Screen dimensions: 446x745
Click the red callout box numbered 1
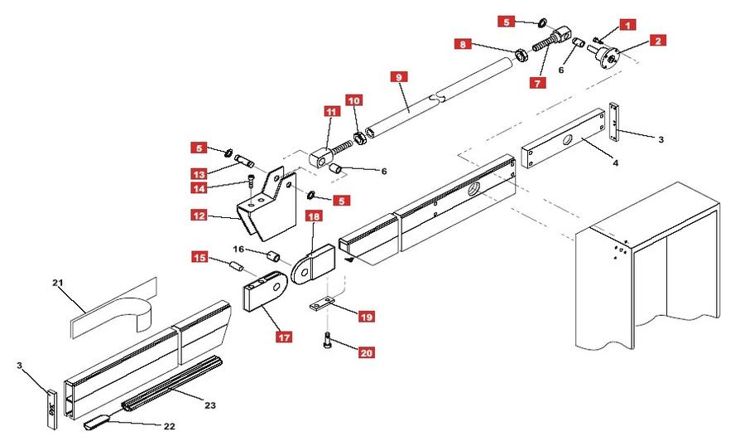click(628, 26)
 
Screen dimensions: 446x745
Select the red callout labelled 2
click(658, 40)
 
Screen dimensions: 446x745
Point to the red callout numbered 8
click(464, 44)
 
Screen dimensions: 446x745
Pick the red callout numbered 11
click(331, 112)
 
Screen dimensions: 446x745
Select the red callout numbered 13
click(199, 174)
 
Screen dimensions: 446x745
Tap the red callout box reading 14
click(199, 188)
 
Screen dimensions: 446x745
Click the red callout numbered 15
click(200, 257)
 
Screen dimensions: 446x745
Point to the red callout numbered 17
click(284, 337)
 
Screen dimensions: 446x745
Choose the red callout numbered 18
click(314, 217)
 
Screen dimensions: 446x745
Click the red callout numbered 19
click(366, 316)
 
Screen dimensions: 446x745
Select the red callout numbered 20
click(366, 352)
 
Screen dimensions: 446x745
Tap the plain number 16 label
click(238, 248)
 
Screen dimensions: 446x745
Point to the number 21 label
click(58, 284)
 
